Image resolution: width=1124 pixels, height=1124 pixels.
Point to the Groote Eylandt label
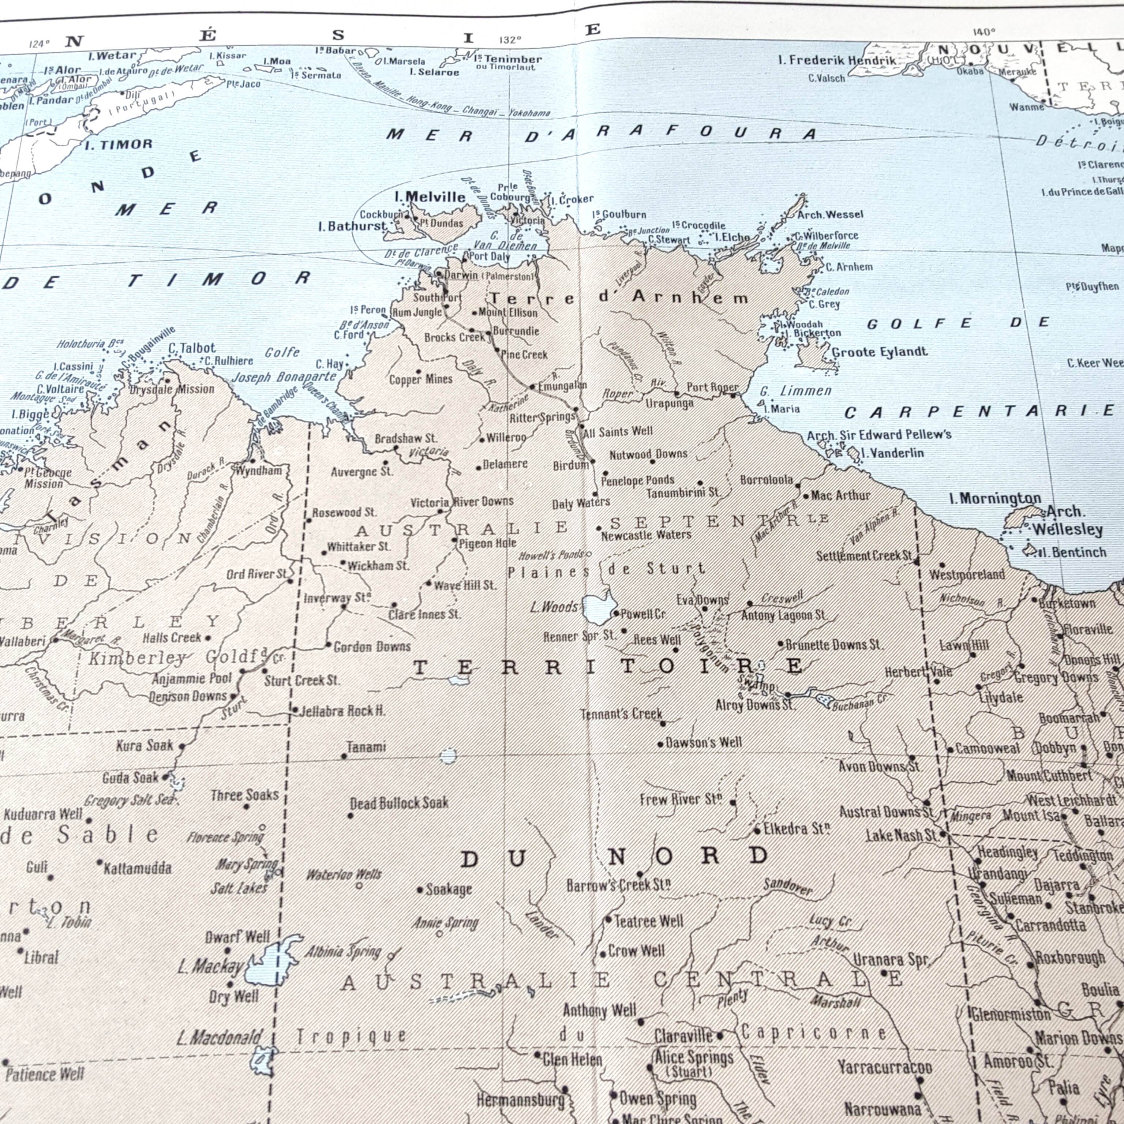pyautogui.click(x=880, y=352)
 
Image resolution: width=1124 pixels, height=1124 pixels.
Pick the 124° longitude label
pyautogui.click(x=39, y=44)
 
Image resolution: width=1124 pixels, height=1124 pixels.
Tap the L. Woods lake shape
pyautogui.click(x=599, y=608)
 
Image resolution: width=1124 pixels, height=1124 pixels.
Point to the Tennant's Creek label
pyautogui.click(x=621, y=714)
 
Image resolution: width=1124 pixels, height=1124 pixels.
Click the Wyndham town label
pyautogui.click(x=259, y=470)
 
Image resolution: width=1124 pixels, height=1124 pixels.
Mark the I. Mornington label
pyautogui.click(x=995, y=499)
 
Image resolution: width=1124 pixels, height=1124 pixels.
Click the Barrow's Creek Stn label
pyautogui.click(x=618, y=885)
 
